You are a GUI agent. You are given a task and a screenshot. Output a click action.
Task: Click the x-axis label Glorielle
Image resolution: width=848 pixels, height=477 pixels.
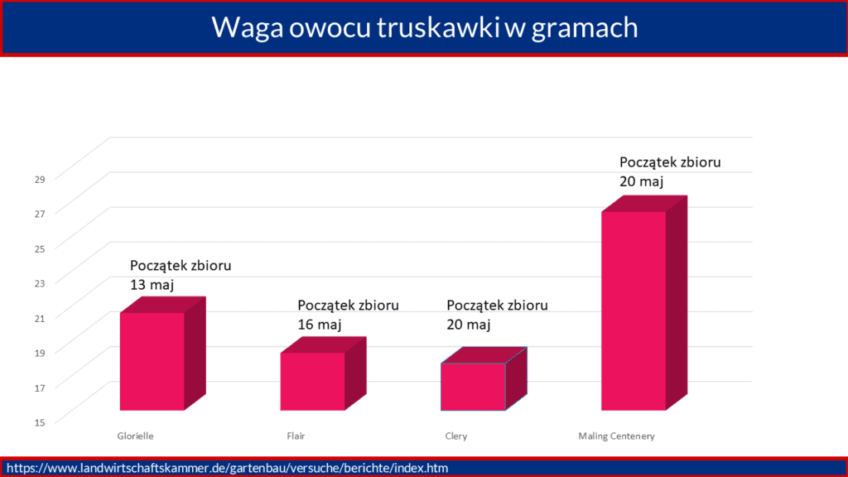[x=135, y=436]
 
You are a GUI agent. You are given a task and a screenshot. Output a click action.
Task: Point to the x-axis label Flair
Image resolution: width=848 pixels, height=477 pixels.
[x=296, y=436]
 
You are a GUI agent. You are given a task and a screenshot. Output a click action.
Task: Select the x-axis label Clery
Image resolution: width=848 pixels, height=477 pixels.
[x=456, y=436]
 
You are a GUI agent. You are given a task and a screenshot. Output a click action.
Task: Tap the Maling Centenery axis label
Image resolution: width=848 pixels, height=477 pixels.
[x=616, y=436]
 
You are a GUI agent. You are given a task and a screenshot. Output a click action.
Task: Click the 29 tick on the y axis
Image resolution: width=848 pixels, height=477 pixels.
[x=40, y=179]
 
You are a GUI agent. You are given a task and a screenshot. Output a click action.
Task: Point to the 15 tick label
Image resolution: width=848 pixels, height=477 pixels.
[x=40, y=422]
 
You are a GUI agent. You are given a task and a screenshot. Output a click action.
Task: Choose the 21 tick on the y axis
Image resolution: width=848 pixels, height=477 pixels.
[x=40, y=318]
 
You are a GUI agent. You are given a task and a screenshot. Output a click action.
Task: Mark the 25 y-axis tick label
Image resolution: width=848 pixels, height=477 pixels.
[x=40, y=248]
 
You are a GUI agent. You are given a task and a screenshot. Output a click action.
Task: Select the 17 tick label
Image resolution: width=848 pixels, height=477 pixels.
[x=40, y=388]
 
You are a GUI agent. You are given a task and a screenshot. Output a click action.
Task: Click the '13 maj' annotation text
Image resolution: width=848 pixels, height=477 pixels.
[x=152, y=285]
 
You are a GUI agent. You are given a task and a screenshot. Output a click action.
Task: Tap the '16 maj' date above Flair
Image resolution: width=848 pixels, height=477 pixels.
[x=320, y=325]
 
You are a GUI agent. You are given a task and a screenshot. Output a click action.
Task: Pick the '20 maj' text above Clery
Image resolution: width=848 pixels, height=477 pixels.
[x=469, y=325]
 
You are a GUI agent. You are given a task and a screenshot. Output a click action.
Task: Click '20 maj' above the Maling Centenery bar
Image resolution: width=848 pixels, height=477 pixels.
[x=642, y=181]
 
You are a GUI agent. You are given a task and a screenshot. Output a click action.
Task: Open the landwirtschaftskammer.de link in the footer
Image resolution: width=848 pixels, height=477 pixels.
[x=227, y=468]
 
